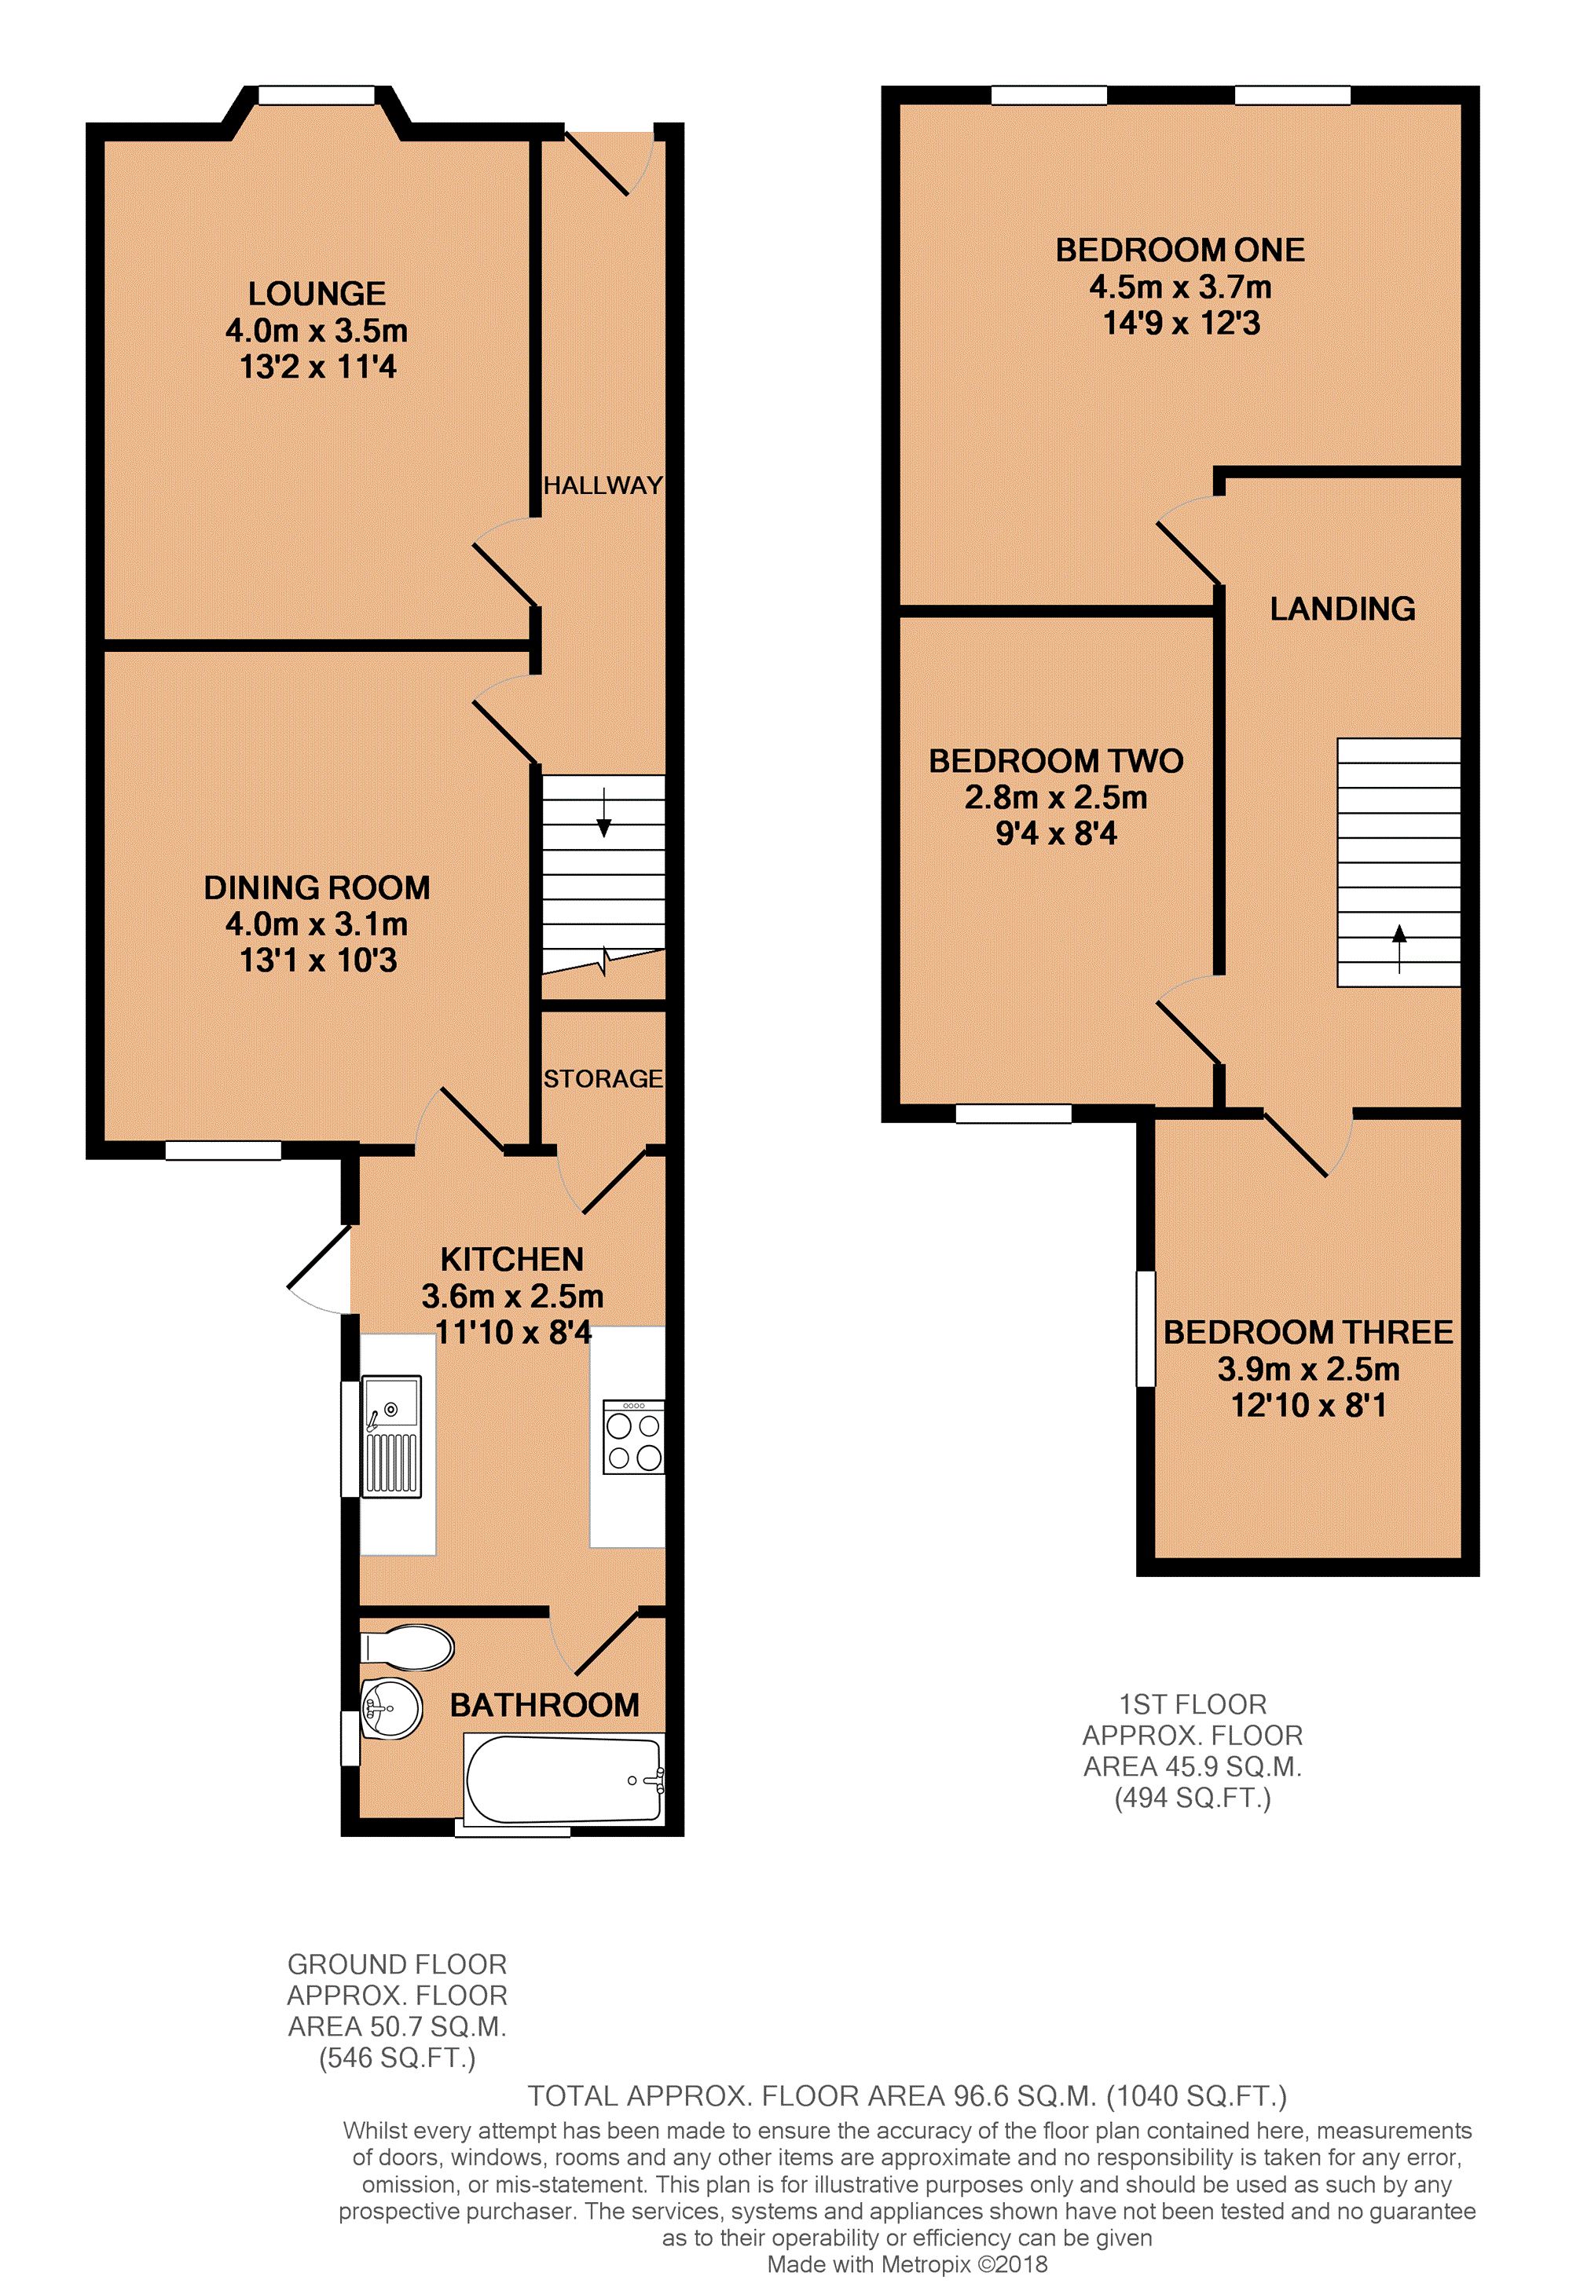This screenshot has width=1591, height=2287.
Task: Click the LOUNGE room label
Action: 317,294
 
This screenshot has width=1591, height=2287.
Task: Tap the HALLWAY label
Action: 603,485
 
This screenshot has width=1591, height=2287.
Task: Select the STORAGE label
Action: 603,1079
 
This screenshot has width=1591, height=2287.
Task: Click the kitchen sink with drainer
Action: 391,1436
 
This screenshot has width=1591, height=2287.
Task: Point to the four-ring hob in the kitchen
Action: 633,1437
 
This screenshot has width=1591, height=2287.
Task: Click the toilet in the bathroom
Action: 406,1648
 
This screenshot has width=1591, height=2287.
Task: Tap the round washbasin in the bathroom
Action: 391,1709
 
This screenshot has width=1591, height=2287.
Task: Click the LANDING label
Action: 1342,609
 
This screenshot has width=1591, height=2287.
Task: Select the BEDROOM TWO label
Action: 1056,761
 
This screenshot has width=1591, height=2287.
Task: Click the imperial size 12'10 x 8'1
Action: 1308,1406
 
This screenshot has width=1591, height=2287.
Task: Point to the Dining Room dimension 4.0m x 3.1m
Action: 317,924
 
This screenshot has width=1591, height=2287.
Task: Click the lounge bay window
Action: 317,96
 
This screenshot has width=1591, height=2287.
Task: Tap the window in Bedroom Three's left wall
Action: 1146,1328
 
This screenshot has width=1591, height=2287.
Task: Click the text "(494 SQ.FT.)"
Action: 1193,1798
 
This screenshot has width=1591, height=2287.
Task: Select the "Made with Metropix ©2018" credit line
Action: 907,2264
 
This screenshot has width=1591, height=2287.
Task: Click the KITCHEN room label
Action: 512,1259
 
